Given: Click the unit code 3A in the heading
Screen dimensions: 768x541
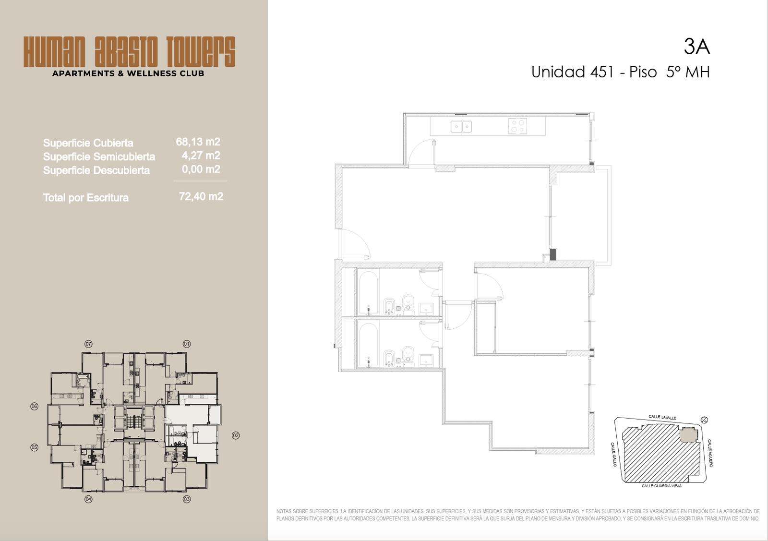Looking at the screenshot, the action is tap(696, 47).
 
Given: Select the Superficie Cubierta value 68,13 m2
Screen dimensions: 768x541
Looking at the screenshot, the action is tap(198, 142).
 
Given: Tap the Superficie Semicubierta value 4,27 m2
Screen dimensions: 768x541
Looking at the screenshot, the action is tap(201, 156).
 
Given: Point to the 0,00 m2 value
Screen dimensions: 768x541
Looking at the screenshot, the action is tap(201, 169).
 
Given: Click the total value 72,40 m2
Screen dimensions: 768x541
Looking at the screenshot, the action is tap(201, 196).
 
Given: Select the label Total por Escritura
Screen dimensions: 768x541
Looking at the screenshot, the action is tap(86, 198).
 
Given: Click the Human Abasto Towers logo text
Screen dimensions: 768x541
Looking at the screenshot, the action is tap(129, 52).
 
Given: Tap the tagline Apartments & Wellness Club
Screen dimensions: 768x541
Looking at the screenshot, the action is tap(128, 73).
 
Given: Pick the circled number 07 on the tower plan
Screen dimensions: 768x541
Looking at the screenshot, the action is tap(88, 344).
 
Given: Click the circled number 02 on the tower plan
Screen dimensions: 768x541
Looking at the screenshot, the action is tap(236, 435).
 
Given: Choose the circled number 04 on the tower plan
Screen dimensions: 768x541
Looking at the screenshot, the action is tap(88, 499).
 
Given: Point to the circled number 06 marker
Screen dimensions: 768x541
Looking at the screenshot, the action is tap(34, 407).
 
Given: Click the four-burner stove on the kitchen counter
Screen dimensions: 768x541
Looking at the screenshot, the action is tap(518, 126).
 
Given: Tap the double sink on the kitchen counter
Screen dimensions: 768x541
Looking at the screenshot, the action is tap(461, 127).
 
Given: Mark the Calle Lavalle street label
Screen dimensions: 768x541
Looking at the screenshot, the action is tap(662, 417).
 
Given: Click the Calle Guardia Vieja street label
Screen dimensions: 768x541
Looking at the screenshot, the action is tap(661, 486).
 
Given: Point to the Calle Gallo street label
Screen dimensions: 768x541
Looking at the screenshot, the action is tap(613, 454).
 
